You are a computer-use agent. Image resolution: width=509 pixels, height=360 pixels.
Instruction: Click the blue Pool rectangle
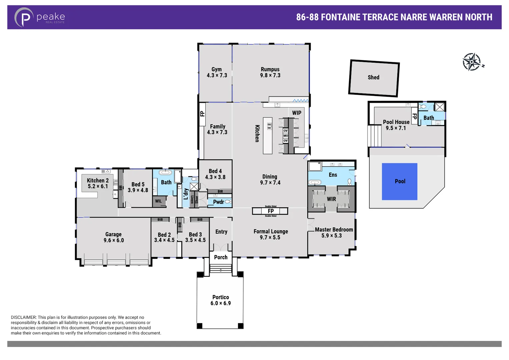click(x=399, y=181)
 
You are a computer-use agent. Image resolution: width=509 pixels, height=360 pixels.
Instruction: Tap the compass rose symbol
click(x=472, y=62)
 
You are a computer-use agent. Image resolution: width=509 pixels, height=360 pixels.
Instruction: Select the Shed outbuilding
click(x=374, y=78)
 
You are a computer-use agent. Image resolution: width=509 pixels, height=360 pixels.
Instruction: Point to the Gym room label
click(x=216, y=69)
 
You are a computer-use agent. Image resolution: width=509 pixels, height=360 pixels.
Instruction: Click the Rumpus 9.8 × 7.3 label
click(x=270, y=72)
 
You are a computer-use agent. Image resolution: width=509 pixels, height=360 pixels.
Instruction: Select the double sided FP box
click(x=270, y=211)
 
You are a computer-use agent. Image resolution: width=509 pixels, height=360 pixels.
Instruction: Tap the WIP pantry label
click(x=296, y=113)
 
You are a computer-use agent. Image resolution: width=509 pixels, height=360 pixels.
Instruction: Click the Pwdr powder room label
click(x=218, y=202)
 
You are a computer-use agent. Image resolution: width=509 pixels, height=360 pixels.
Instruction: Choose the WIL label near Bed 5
click(x=158, y=201)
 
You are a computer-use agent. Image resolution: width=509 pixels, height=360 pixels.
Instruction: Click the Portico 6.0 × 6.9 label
click(x=220, y=300)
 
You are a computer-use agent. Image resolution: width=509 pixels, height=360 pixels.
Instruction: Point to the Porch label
click(x=221, y=257)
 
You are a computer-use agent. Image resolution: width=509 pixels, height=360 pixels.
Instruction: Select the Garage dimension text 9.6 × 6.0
click(x=114, y=240)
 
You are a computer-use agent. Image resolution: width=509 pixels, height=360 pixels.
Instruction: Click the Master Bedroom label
click(x=334, y=230)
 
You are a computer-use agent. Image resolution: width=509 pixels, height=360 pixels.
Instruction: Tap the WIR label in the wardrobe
click(x=331, y=199)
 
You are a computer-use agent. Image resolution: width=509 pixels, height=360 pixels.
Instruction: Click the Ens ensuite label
click(x=333, y=175)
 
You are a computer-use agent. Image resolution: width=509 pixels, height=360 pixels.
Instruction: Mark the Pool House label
click(x=396, y=122)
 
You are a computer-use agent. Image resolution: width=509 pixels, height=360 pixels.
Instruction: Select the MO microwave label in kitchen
click(x=286, y=136)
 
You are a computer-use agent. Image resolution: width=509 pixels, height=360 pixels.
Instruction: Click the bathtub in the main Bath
click(x=165, y=172)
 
